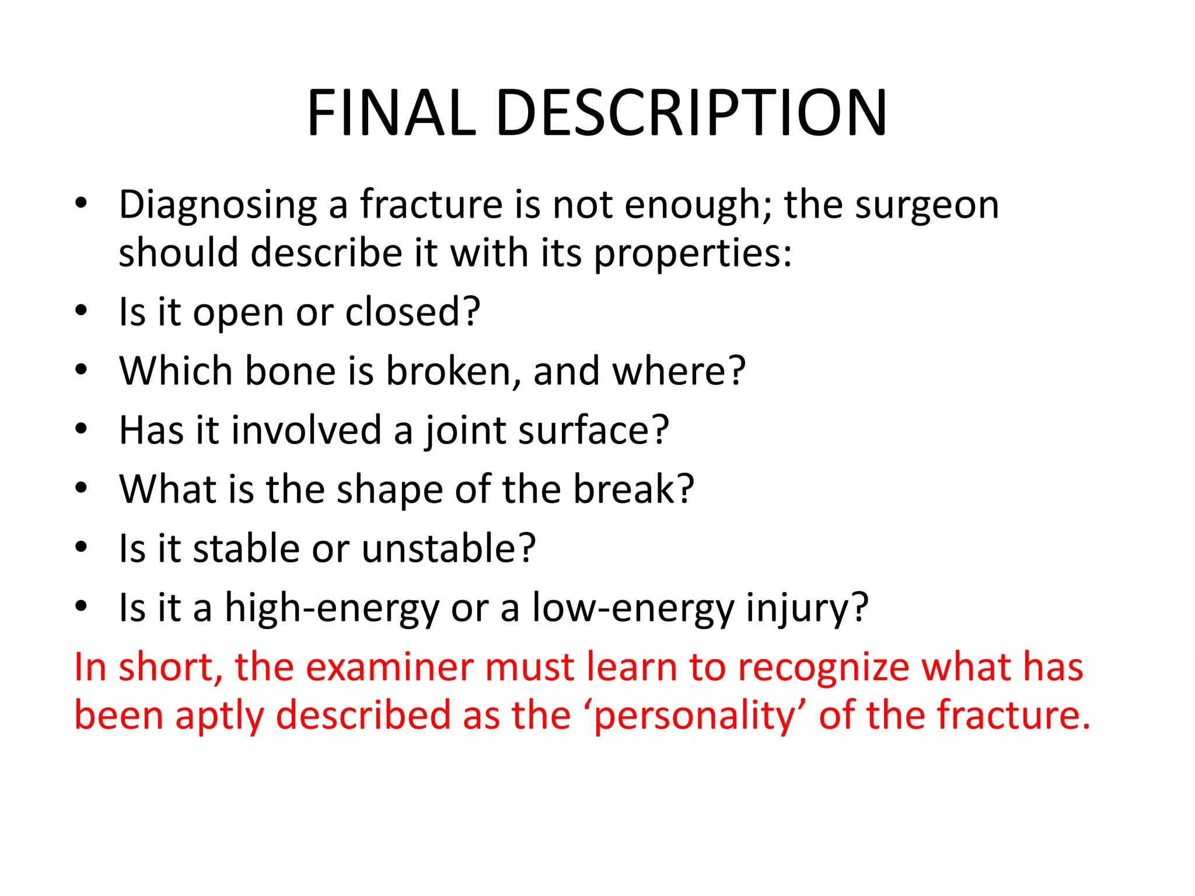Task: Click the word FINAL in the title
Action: (x=392, y=113)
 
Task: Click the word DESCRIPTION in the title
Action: (x=691, y=113)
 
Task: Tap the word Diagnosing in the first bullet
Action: (x=218, y=206)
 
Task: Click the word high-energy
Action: (x=331, y=608)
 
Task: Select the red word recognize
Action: (x=823, y=667)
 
